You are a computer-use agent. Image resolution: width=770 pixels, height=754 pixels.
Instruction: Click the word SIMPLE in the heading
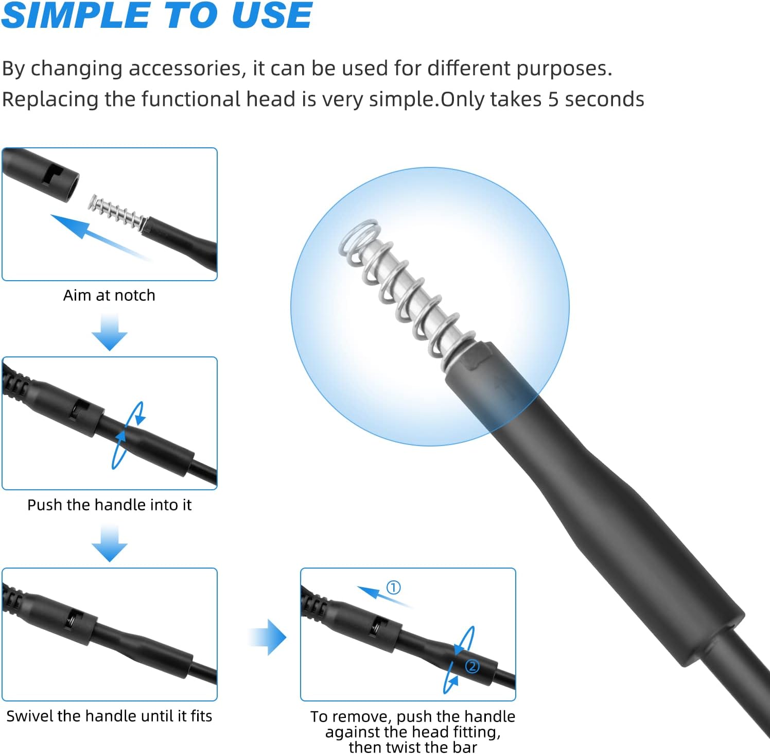[x=76, y=15]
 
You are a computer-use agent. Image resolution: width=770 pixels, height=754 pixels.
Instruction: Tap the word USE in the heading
[x=272, y=15]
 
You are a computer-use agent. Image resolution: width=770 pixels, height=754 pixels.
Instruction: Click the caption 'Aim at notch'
[x=109, y=295]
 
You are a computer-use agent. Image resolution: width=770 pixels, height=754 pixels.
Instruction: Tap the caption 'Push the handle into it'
[x=109, y=505]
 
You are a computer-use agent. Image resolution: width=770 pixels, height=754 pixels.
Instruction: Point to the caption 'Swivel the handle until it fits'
[x=109, y=716]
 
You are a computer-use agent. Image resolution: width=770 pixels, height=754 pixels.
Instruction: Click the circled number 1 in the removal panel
[x=394, y=587]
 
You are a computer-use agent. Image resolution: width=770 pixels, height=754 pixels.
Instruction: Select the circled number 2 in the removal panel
[x=472, y=666]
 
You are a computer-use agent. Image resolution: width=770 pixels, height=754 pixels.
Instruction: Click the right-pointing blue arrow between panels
[x=268, y=638]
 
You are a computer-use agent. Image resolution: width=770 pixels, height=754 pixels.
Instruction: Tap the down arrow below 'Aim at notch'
[x=110, y=333]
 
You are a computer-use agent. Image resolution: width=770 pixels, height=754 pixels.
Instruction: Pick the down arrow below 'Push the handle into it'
[x=110, y=543]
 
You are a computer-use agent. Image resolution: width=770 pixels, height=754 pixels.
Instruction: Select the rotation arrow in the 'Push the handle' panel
[x=128, y=436]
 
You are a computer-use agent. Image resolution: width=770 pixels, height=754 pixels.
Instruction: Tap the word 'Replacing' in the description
[x=50, y=100]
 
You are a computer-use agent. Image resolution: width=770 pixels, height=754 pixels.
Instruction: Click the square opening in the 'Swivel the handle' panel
[x=77, y=617]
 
